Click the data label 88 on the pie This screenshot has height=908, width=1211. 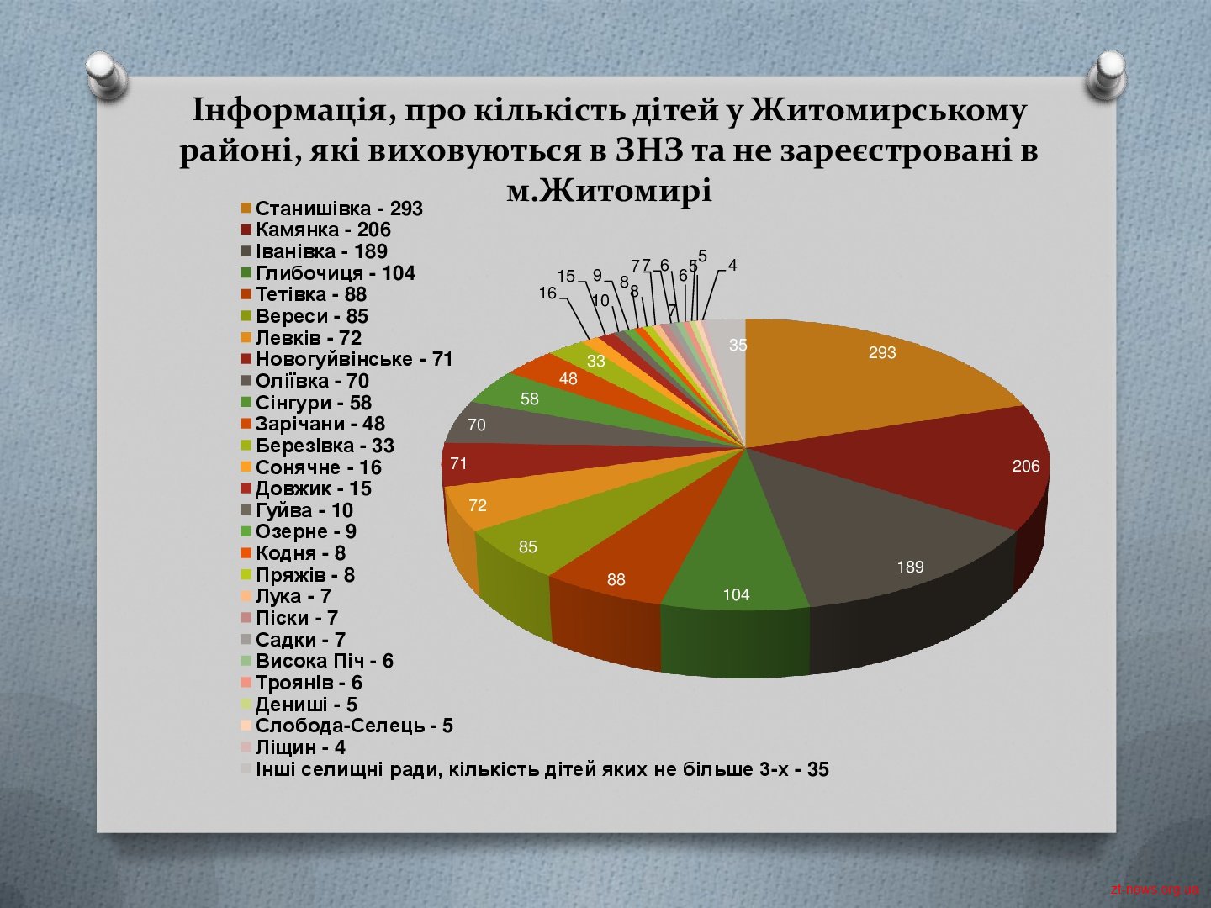(616, 579)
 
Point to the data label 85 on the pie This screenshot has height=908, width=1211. (528, 546)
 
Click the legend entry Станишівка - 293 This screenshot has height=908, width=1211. (331, 209)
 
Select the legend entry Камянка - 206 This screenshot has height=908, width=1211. (315, 230)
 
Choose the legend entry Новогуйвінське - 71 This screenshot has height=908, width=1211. (346, 359)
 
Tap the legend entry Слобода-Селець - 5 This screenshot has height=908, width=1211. (346, 726)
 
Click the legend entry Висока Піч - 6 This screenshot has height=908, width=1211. (317, 661)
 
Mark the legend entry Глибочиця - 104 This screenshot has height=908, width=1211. (328, 273)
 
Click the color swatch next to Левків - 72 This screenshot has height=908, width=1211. (246, 337)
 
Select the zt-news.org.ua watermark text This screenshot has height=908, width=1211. (1154, 889)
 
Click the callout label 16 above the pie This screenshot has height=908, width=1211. (547, 293)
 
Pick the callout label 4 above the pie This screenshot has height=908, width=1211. (732, 265)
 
